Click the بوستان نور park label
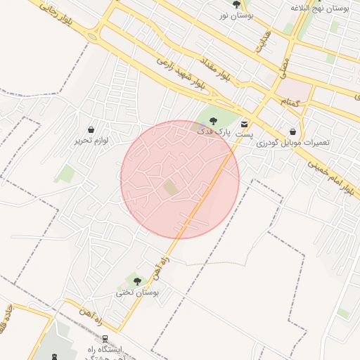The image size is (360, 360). tap(236, 15)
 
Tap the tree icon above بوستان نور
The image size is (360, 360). tap(236, 4)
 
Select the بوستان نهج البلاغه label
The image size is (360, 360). tap(320, 7)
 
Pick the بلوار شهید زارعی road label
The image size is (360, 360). tap(180, 72)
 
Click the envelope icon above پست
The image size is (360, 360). tap(244, 122)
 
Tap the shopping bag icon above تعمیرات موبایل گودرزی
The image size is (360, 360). tap(292, 131)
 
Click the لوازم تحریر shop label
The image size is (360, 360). tap(91, 141)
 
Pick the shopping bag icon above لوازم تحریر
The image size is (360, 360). tap(91, 129)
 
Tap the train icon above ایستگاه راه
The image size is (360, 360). tap(105, 338)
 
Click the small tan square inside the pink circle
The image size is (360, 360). tap(171, 188)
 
